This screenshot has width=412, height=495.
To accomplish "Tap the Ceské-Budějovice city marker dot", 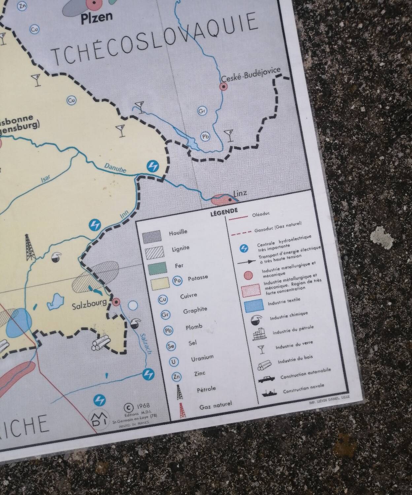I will coord(223,87).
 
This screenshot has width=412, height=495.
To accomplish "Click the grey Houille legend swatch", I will coord(152,236).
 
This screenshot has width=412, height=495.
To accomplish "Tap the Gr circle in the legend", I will coord(165,315).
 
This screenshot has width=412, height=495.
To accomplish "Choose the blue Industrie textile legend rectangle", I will coord(254,305).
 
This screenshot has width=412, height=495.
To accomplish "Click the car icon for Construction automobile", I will coord(266,379).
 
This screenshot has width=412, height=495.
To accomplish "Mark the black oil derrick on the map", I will coord(30,247).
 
